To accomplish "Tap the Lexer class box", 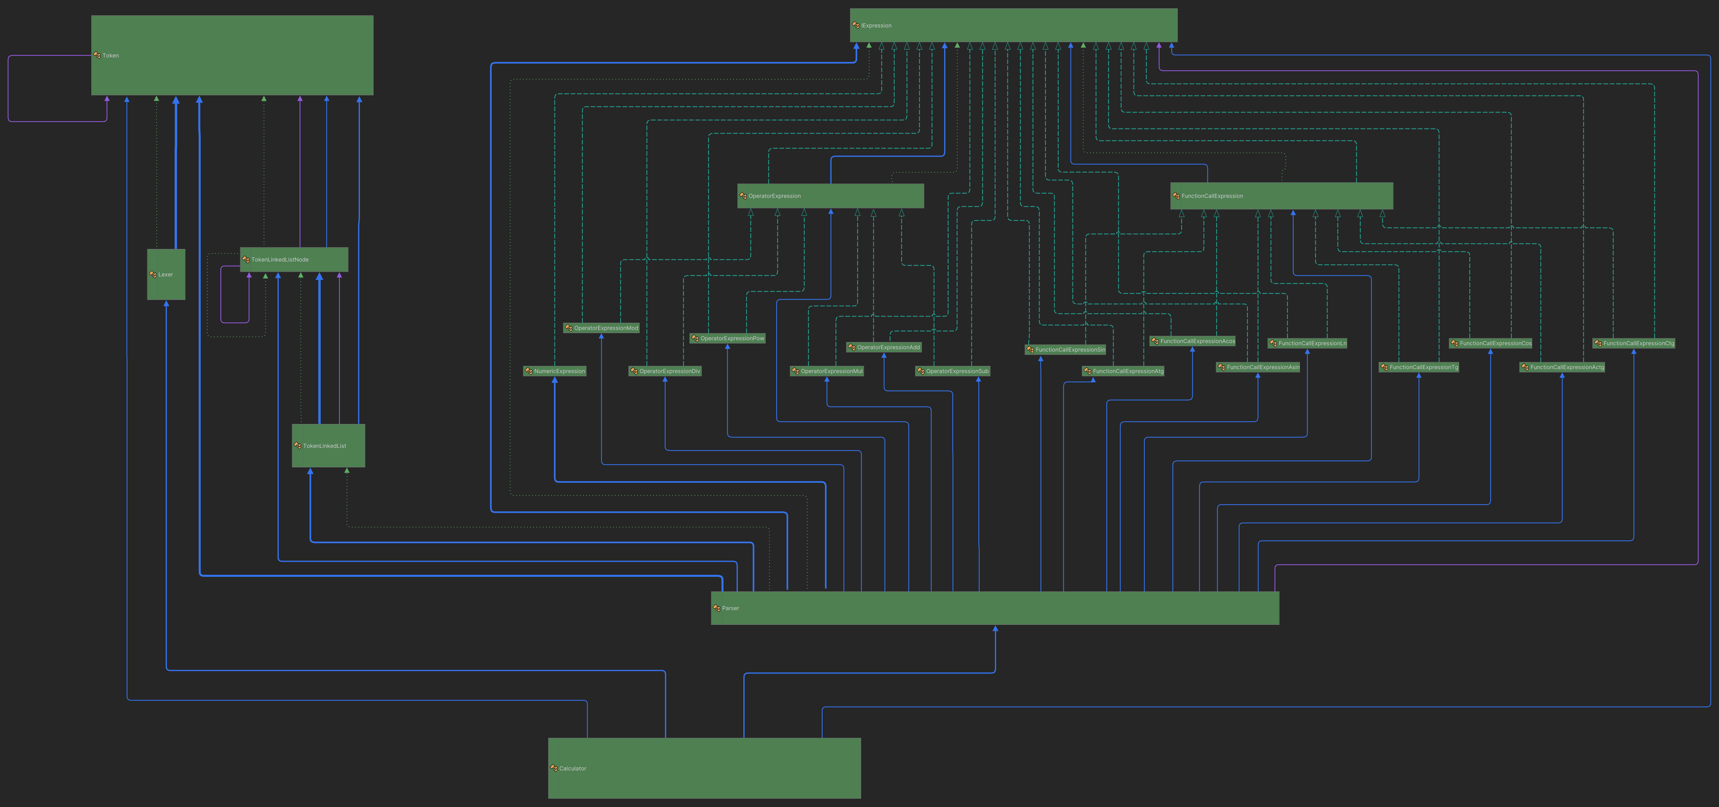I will click(166, 274).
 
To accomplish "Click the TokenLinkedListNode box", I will click(294, 260).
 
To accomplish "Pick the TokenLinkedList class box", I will click(328, 445).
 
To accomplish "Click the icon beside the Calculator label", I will click(553, 768).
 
